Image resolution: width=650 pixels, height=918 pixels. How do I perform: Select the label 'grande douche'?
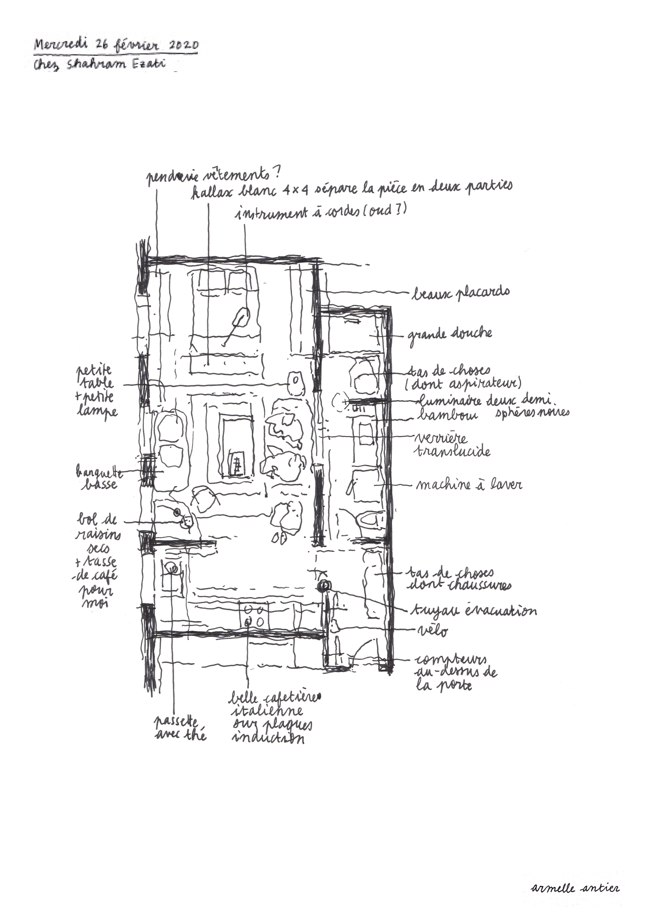coord(450,334)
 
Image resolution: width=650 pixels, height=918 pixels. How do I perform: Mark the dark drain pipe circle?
coord(324,586)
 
